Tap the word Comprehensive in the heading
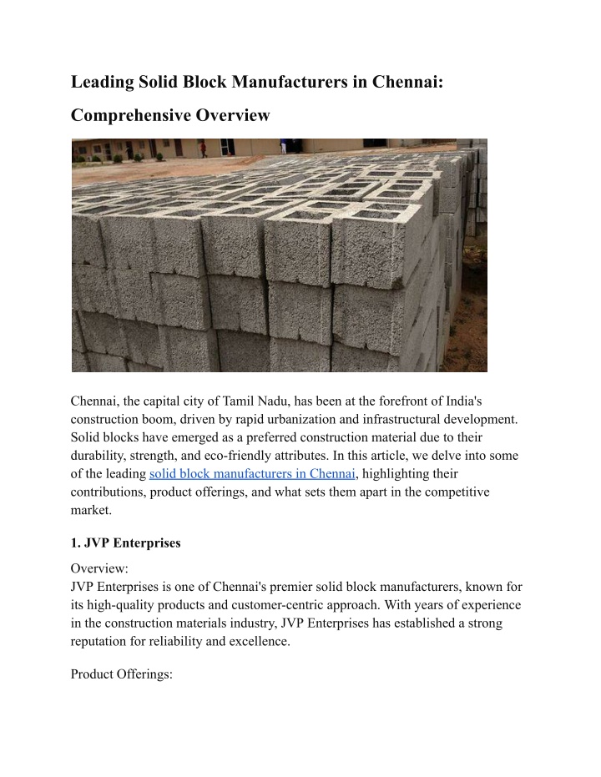click(129, 115)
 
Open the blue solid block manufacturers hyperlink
click(252, 474)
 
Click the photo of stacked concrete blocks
click(279, 255)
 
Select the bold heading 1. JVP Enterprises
click(125, 542)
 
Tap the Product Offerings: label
click(121, 674)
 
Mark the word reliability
click(177, 642)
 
